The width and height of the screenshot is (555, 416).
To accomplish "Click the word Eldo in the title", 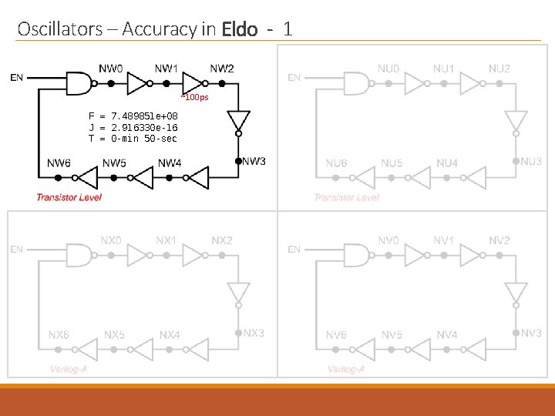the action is coord(239,30).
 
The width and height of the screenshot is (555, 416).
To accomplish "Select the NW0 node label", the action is coord(110,68).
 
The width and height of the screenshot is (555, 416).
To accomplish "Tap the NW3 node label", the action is coord(254,161).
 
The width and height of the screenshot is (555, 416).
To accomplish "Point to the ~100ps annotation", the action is coord(194,97).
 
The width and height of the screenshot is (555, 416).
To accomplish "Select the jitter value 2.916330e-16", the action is coord(144,127).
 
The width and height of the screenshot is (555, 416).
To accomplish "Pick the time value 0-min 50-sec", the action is coord(144,139).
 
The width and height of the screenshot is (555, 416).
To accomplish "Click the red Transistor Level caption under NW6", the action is coord(69,197).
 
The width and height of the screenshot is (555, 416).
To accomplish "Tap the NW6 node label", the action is coord(59,163).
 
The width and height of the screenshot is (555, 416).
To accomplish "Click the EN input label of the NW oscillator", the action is coord(16,76).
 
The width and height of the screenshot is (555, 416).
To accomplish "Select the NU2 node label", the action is coord(499,69).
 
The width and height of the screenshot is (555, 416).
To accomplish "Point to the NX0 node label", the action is coord(111,240).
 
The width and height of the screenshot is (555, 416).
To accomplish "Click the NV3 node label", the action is coord(531,333).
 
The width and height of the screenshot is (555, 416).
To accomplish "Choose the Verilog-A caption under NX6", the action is coord(69,370).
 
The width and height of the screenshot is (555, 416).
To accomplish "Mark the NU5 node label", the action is coord(392,163).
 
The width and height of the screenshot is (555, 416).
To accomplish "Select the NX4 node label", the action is coord(170,335).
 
